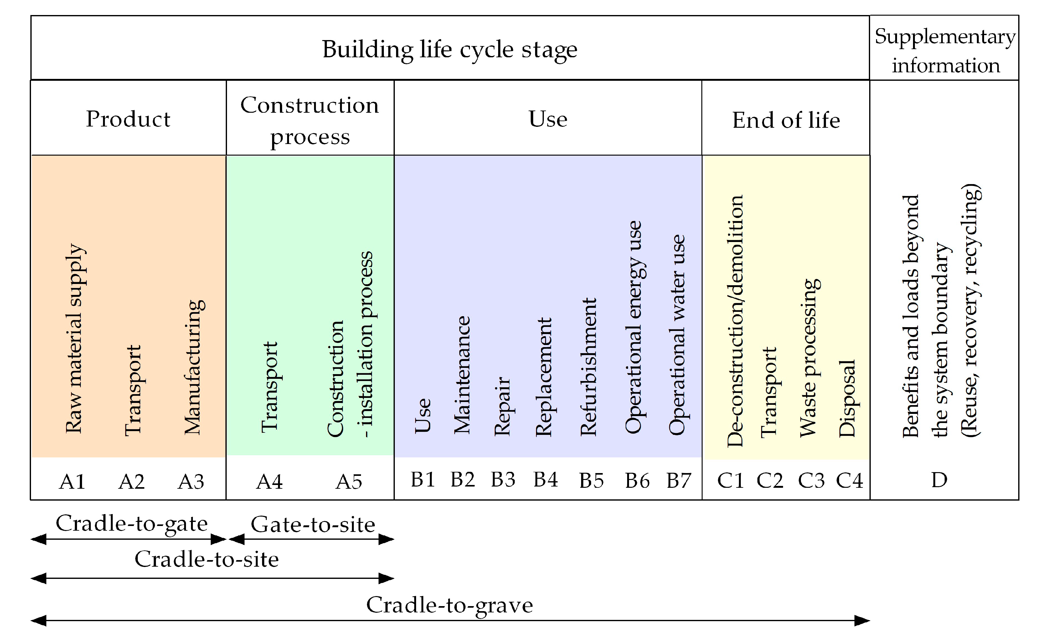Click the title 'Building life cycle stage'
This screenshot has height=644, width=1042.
tap(449, 49)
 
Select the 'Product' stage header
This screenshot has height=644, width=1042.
tap(128, 119)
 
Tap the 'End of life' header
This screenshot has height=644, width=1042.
tap(786, 120)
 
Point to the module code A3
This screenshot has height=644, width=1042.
tap(191, 482)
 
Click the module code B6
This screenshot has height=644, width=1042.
tap(637, 481)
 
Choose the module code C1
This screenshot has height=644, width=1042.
tap(730, 481)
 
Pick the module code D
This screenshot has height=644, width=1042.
tap(939, 480)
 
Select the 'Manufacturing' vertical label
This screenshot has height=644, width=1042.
tap(194, 367)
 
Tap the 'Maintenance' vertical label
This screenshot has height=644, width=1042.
tap(462, 375)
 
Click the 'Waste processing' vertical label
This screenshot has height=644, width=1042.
tap(809, 358)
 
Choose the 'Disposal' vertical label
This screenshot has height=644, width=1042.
tap(847, 399)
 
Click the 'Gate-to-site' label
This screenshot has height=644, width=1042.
tap(313, 524)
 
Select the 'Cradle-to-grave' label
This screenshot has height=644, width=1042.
tap(449, 605)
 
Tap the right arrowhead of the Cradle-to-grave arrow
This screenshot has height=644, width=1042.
tap(862, 621)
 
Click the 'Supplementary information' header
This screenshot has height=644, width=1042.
tap(945, 51)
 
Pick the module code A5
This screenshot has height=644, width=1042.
tap(349, 482)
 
